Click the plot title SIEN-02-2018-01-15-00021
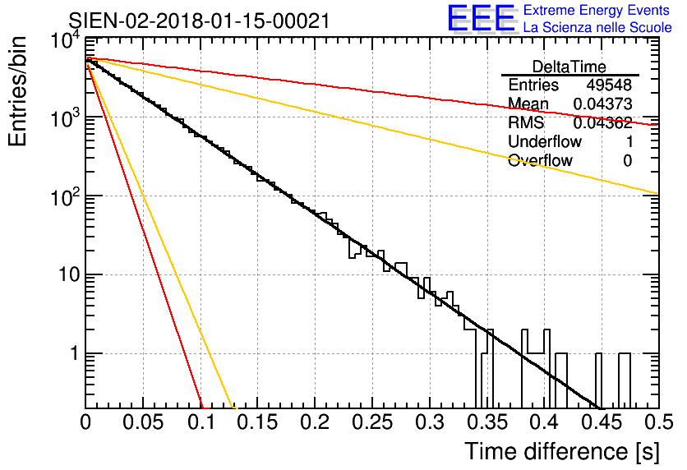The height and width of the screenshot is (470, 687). tap(199, 21)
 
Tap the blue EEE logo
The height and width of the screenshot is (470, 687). tap(482, 18)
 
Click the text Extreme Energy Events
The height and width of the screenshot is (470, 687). tap(597, 10)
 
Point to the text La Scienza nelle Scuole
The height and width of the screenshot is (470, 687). tap(597, 27)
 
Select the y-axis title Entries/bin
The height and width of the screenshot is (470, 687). tap(17, 91)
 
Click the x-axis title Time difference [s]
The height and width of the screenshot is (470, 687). tap(562, 451)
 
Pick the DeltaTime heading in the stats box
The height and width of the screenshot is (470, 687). tap(569, 67)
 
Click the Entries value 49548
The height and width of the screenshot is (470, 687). tap(609, 85)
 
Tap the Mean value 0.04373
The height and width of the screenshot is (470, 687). tap(602, 104)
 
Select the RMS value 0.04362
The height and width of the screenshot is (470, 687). tap(602, 122)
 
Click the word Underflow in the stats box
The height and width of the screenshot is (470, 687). tap(545, 141)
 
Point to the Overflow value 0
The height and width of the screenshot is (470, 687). tap(627, 161)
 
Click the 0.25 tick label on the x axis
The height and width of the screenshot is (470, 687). tap(372, 422)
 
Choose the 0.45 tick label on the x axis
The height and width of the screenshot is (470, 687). tap(602, 422)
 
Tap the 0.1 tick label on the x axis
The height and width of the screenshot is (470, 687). tap(201, 422)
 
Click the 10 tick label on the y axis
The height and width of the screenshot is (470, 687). tap(69, 275)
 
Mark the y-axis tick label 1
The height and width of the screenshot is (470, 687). tap(75, 353)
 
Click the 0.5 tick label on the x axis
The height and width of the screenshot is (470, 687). tap(658, 422)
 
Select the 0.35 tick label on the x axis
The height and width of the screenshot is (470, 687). tap(487, 422)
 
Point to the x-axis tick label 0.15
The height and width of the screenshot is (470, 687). tap(258, 422)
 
